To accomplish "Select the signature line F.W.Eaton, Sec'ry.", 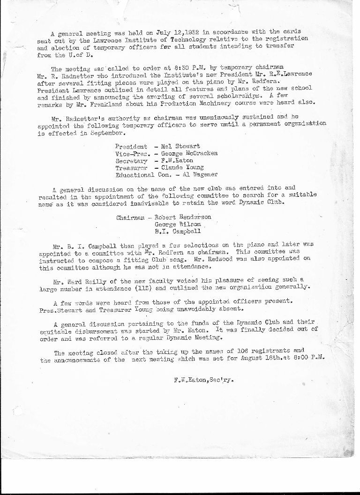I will [x=202, y=381].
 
